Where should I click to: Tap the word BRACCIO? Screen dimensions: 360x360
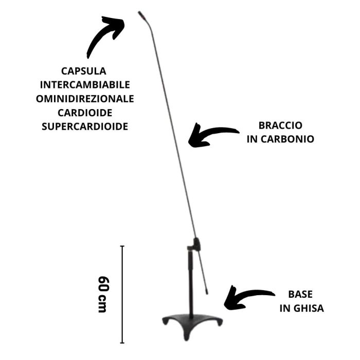tap(280, 125)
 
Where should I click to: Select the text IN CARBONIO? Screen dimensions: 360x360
tap(280, 139)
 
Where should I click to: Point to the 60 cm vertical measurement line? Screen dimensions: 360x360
tap(122, 293)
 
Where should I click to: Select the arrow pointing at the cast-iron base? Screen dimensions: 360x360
tap(246, 298)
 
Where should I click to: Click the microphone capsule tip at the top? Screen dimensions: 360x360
tap(140, 14)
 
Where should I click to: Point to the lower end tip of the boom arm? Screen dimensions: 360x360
tap(207, 292)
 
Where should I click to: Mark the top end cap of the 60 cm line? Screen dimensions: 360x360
tap(122, 246)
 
